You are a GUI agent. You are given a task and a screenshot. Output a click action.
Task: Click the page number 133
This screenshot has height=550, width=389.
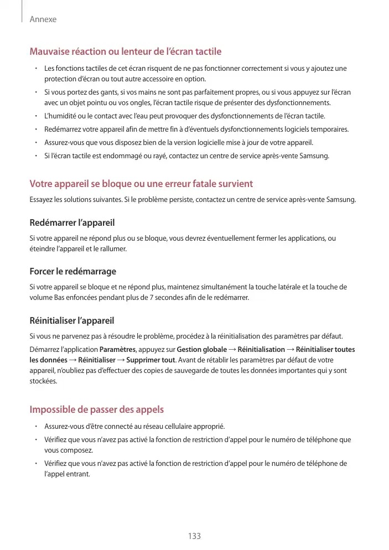click(194, 536)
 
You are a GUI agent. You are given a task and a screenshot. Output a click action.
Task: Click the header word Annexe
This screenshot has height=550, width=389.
click(43, 19)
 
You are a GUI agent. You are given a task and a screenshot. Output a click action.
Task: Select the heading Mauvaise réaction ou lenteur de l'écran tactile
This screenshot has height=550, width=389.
click(125, 52)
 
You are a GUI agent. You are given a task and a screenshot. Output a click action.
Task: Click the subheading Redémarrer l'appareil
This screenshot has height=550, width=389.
click(72, 223)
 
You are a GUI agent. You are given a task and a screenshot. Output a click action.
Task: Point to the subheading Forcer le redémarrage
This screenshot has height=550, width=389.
click(72, 272)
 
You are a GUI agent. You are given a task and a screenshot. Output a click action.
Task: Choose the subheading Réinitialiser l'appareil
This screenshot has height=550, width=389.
click(72, 320)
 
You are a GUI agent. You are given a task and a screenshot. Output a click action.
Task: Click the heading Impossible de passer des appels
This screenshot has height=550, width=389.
click(96, 410)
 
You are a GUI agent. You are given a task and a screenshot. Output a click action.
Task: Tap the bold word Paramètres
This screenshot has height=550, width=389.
click(117, 350)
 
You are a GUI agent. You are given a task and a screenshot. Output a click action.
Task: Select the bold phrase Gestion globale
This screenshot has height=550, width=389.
click(201, 350)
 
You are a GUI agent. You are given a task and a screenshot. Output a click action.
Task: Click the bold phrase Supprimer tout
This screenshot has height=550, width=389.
click(150, 360)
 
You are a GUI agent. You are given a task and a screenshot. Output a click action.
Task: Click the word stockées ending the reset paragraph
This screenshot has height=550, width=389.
click(43, 381)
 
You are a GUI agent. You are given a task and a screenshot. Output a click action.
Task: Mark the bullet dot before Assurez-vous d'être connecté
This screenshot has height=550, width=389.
click(35, 426)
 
